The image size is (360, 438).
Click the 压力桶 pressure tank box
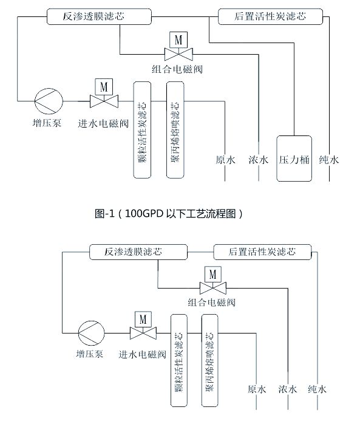[x=294, y=159]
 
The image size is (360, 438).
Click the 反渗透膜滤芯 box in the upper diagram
[x=99, y=16]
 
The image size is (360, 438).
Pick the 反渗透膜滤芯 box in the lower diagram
[x=138, y=252]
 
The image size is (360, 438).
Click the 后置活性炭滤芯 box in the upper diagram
[x=270, y=16]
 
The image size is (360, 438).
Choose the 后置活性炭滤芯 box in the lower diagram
[x=262, y=252]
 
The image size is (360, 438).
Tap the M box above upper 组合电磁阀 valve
[x=178, y=40]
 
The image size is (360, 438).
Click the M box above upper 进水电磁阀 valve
[x=104, y=87]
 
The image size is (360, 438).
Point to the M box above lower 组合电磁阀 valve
[x=213, y=275]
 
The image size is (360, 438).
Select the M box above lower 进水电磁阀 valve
[x=143, y=320]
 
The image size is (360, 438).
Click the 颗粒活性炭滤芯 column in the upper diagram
[x=142, y=130]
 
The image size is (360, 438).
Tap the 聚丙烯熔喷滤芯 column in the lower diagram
[x=209, y=360]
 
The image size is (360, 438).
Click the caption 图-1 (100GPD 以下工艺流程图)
[x=169, y=214]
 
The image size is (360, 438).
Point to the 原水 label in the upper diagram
[x=225, y=160]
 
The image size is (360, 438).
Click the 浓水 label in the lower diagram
[x=287, y=389]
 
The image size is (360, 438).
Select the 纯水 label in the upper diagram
[x=329, y=160]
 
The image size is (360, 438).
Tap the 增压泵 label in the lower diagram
[x=90, y=354]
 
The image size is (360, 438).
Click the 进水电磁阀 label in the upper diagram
[x=103, y=123]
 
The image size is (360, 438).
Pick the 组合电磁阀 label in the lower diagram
[x=212, y=303]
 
